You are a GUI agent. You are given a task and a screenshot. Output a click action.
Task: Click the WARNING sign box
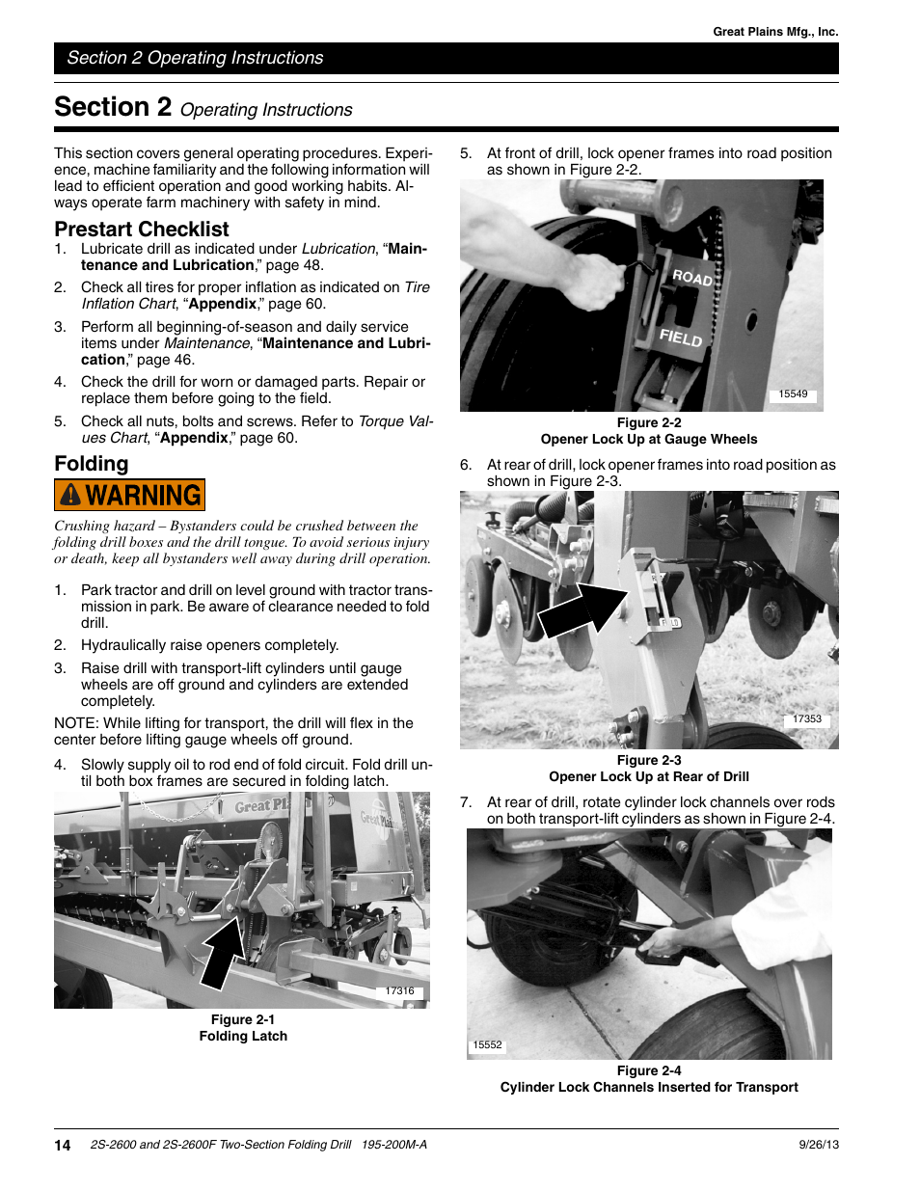point(129,495)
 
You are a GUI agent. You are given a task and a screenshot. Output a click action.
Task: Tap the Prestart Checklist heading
point(142,230)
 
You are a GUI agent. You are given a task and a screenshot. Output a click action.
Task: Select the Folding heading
point(92,464)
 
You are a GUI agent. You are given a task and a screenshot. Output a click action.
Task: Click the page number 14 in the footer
point(63,1146)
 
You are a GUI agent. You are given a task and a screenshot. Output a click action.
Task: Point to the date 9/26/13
point(819,1145)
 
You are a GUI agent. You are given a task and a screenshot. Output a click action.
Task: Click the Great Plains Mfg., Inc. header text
point(775,32)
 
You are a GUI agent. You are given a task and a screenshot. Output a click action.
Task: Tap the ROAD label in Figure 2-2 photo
point(692,278)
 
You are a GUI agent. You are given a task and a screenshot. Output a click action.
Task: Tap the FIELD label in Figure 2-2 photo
point(681,338)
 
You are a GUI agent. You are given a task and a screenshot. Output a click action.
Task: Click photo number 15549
point(793,394)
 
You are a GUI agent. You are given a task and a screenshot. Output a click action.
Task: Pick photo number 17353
point(806,719)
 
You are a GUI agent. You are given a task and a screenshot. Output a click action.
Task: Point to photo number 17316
point(399,991)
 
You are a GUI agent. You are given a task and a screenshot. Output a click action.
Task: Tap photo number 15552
point(488,1045)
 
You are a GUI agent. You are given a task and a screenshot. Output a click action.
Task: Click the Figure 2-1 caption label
point(243,1019)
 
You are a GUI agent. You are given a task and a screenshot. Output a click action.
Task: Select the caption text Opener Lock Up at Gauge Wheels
point(649,439)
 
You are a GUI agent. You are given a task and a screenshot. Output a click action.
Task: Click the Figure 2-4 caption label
point(649,1070)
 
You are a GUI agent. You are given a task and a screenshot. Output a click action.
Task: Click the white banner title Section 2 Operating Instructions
point(195,58)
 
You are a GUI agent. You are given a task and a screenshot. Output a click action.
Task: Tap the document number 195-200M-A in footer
point(394,1145)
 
